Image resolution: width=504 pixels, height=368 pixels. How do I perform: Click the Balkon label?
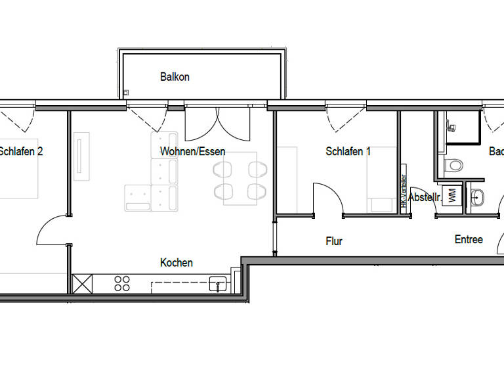click(175, 77)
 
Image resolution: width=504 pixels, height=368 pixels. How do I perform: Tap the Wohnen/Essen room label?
click(192, 152)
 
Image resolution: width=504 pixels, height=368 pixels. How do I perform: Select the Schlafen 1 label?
click(348, 152)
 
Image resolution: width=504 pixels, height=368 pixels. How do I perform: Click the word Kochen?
click(177, 263)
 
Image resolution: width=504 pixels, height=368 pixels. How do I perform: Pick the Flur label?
click(334, 242)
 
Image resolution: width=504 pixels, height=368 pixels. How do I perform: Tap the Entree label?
click(469, 239)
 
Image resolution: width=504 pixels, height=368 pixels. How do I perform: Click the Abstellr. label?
click(424, 197)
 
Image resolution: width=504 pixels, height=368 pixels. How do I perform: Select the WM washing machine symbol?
click(451, 196)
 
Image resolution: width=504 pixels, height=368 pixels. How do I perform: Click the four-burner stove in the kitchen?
click(122, 283)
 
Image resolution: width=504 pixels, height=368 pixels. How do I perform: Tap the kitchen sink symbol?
click(217, 284)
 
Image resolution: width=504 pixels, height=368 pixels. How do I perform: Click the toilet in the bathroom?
click(454, 165)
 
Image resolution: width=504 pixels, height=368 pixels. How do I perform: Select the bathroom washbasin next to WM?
click(477, 196)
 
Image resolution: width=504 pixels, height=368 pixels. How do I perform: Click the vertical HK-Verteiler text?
click(404, 191)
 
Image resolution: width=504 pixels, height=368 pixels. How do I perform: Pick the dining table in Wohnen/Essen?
click(240, 177)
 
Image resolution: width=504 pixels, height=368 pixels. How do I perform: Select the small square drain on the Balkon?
click(126, 93)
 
